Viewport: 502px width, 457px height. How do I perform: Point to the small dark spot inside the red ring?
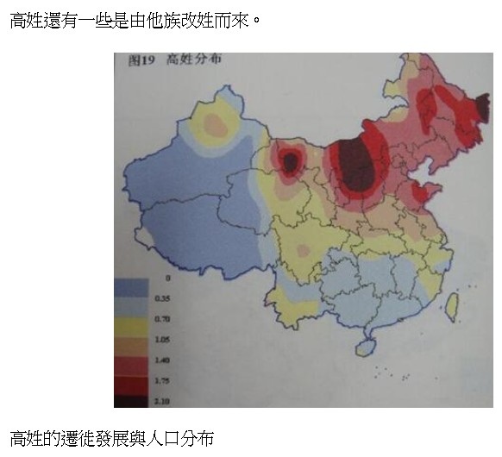point(291,160)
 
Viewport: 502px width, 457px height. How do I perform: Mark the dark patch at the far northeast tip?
point(471,110)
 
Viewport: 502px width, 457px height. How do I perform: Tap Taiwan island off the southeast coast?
point(453,302)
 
